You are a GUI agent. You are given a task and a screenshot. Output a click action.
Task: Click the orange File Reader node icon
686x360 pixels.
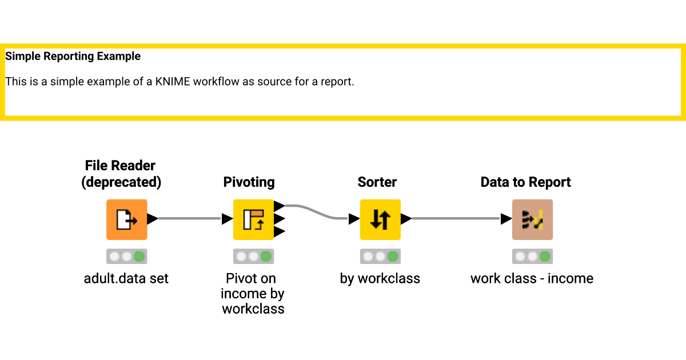(x=126, y=219)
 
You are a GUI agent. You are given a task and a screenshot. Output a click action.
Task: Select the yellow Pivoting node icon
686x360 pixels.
(x=253, y=219)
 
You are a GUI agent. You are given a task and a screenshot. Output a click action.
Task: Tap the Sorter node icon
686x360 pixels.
(x=380, y=219)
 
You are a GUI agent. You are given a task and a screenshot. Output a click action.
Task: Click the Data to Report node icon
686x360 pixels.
(x=532, y=219)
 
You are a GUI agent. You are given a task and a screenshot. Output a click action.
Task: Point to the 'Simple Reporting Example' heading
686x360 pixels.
(x=73, y=57)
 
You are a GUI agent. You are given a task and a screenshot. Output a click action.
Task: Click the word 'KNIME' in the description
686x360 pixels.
(x=173, y=82)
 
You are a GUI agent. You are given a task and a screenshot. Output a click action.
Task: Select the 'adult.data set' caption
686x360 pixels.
(x=126, y=279)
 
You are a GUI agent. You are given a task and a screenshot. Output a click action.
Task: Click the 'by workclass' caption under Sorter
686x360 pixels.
(x=380, y=279)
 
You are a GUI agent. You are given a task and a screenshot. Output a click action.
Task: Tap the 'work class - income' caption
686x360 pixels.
(x=532, y=279)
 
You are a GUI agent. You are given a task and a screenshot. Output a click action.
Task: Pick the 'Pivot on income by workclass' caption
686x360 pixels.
(x=253, y=294)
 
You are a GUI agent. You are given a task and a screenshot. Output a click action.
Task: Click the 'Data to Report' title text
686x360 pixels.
(x=525, y=182)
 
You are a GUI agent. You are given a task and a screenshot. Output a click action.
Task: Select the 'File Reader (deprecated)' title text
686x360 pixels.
(x=120, y=174)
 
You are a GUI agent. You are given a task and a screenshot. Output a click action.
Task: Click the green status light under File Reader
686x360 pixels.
(x=139, y=257)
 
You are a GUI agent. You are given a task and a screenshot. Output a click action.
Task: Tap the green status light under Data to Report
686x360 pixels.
(x=545, y=257)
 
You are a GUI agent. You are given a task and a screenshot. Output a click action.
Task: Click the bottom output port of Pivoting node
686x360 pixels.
(x=280, y=231)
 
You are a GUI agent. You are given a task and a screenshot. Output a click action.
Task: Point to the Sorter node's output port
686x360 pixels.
(x=406, y=218)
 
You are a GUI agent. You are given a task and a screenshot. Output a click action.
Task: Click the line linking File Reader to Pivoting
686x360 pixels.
(x=189, y=218)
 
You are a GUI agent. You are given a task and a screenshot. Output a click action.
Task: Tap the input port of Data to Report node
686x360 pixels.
(x=506, y=218)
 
